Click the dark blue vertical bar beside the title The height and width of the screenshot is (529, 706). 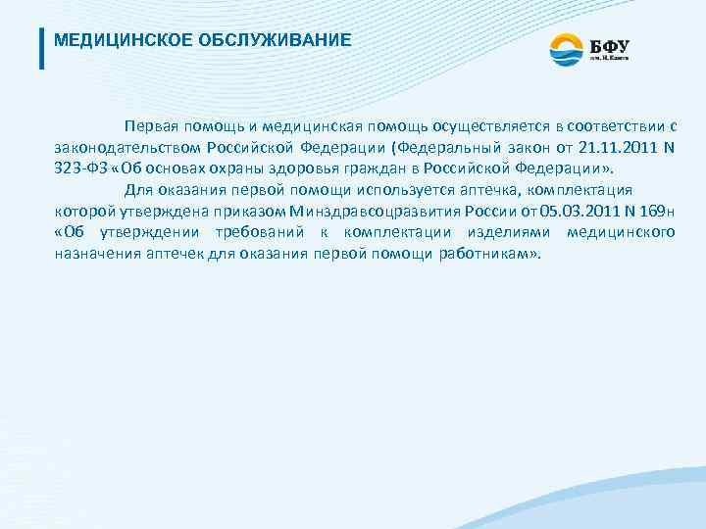(x=41, y=48)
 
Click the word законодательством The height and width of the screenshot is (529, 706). (x=127, y=148)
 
